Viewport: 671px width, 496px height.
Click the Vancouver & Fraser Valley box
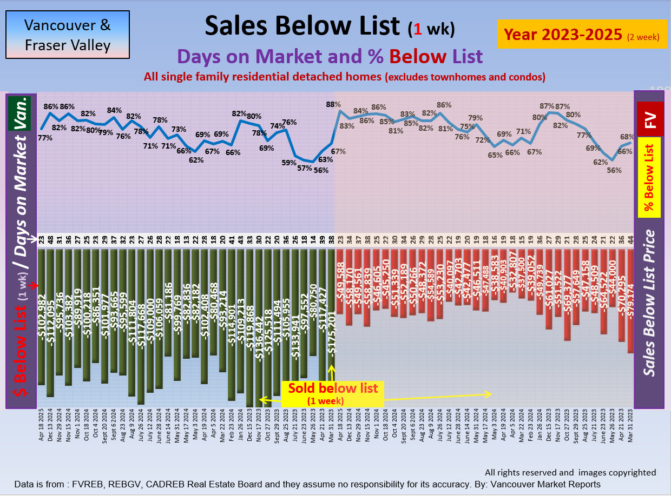point(68,35)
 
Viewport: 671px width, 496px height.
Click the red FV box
point(650,119)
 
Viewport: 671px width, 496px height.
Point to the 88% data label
point(333,104)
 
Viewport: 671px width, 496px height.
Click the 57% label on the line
point(305,168)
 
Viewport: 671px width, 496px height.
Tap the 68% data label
point(627,137)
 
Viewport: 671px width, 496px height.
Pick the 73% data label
point(179,130)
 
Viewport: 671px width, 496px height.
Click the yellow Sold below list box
point(332,393)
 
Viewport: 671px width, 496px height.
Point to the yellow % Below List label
point(649,177)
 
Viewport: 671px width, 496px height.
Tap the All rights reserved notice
point(570,473)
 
